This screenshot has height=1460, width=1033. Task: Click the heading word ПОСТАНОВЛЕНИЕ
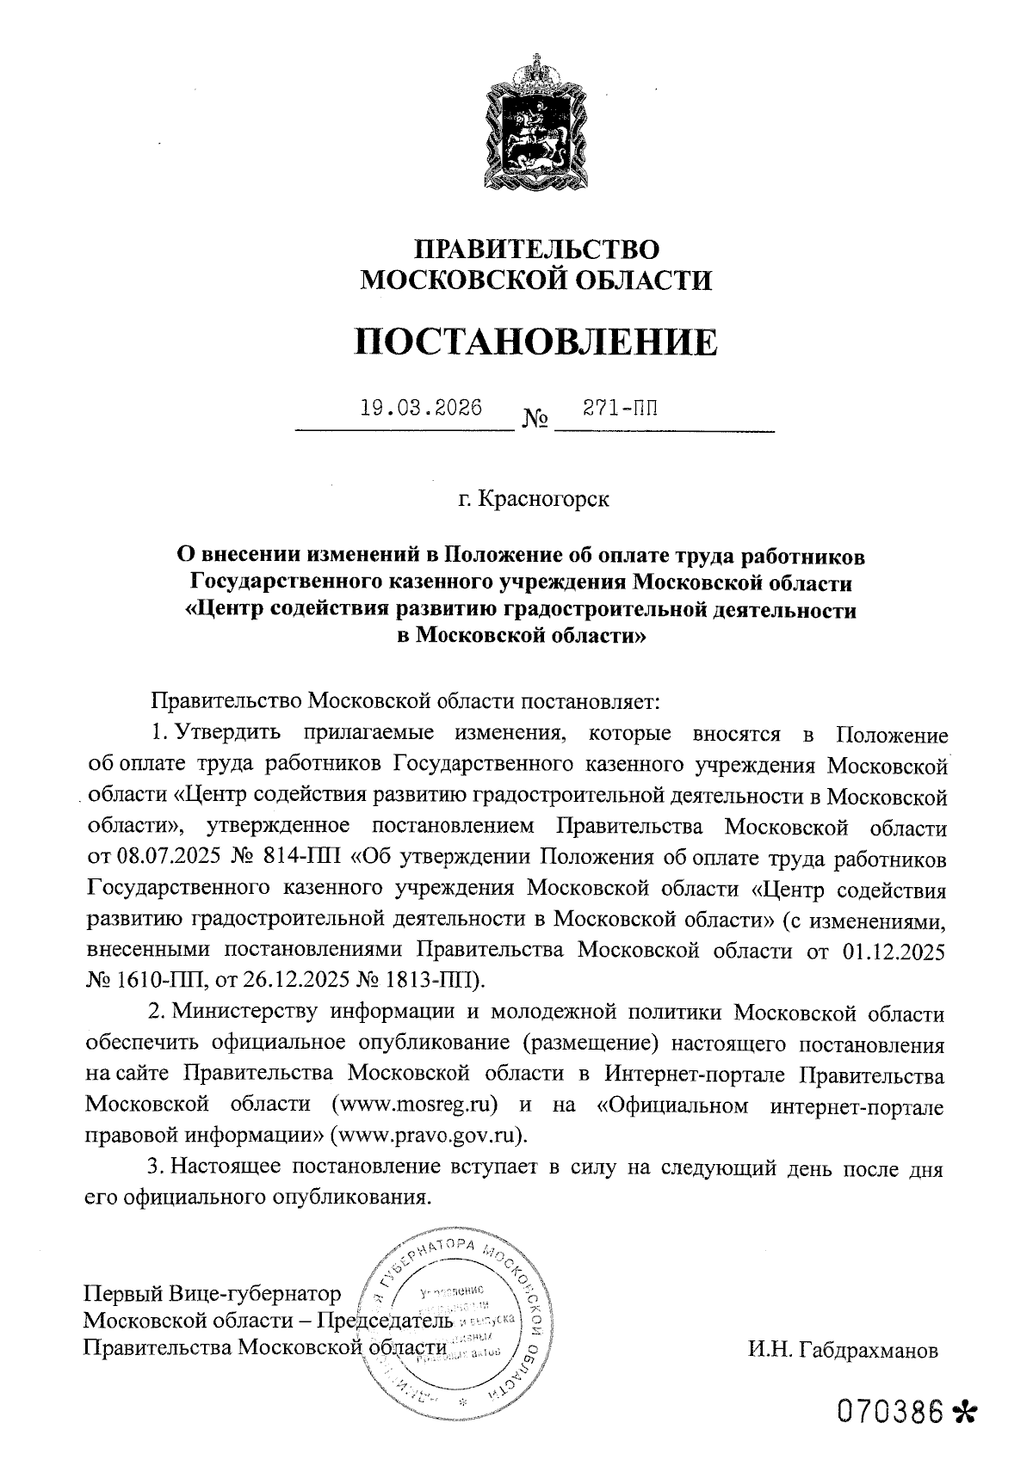click(x=535, y=342)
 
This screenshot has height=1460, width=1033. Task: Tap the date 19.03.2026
click(x=421, y=407)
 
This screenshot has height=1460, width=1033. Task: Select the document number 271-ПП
click(x=620, y=407)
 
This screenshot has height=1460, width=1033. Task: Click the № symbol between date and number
click(x=535, y=421)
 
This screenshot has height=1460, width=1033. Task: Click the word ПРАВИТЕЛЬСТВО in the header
click(x=536, y=249)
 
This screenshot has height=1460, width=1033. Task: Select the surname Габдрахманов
click(x=868, y=1349)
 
